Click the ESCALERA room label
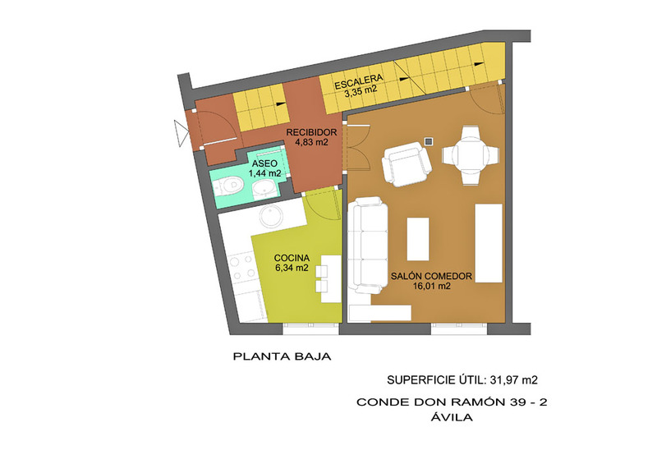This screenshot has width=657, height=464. pos(359,81)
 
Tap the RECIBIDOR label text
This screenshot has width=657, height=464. pos(311,132)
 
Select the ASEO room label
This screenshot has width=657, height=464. pos(264,163)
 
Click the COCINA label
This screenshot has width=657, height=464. pos(292,258)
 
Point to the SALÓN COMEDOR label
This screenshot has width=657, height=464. pos(432,276)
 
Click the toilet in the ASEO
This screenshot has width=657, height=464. pos(227,186)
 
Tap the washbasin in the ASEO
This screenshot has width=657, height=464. pos(264,189)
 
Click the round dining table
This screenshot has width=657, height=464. pos(470,156)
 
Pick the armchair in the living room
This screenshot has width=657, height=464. pos(407,163)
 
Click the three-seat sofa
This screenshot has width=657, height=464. pos(368,246)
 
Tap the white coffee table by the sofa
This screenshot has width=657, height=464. pos(418,239)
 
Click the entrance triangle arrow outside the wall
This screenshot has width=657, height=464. pos(181,133)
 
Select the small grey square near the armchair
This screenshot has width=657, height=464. pos(428,142)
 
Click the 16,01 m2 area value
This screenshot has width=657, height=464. pos(432,287)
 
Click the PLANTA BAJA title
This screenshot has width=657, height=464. pos(282,356)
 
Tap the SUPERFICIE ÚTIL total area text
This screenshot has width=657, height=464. pos(462,379)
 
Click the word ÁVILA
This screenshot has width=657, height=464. pos(452,417)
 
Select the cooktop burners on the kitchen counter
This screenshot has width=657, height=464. pos(242,269)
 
